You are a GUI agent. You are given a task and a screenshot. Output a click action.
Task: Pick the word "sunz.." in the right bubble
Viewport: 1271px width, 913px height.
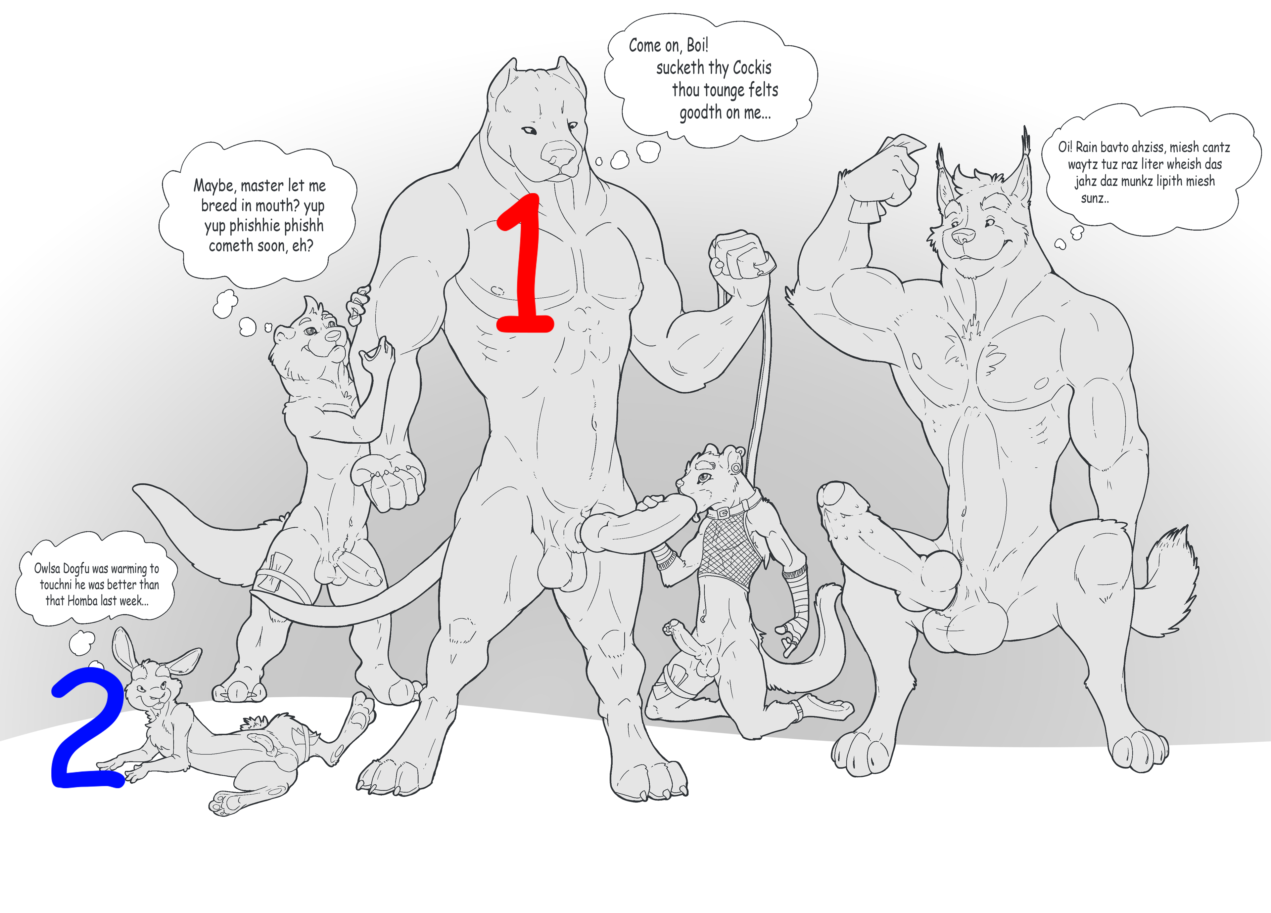[1095, 198]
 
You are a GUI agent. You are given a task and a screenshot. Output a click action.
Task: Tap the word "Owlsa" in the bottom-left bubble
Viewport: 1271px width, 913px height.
[47, 569]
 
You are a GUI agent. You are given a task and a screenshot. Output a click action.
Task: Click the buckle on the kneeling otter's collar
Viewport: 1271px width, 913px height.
[724, 512]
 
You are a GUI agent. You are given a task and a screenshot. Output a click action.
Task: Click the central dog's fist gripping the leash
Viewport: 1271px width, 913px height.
[740, 255]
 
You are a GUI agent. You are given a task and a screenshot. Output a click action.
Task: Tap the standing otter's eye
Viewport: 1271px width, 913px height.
[311, 331]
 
